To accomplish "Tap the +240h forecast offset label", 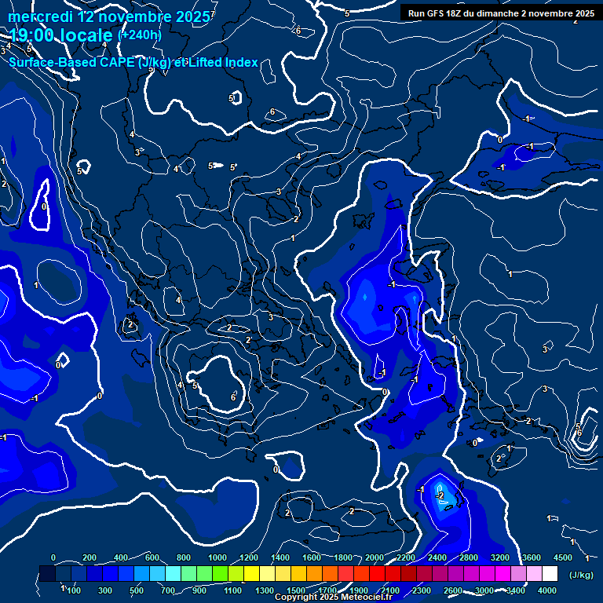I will (139, 35).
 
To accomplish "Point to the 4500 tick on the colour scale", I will (562, 557).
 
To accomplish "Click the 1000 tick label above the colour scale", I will (217, 557).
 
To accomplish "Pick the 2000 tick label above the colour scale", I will (375, 557).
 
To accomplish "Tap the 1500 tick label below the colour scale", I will (296, 590).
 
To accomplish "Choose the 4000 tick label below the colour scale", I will (547, 590).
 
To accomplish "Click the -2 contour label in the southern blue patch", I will (440, 496).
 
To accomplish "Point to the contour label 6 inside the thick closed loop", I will (233, 397).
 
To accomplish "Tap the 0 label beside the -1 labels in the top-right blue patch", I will (500, 140).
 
